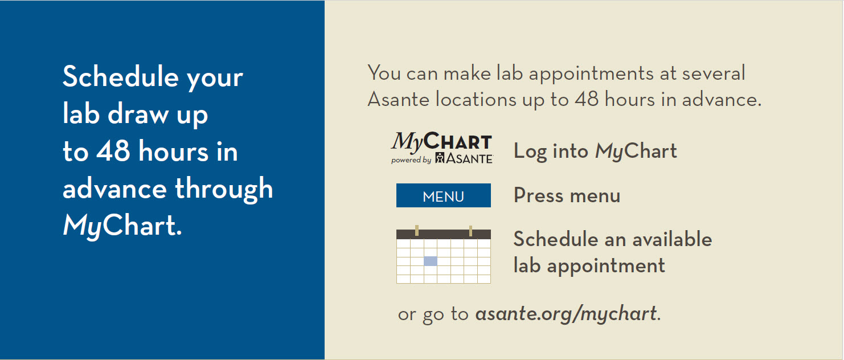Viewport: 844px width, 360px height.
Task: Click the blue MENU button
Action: (444, 195)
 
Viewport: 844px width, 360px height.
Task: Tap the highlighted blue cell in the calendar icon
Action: (431, 261)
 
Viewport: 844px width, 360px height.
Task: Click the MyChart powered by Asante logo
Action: (441, 148)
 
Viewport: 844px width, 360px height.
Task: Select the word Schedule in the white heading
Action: (121, 76)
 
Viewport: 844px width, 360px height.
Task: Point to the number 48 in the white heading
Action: (113, 151)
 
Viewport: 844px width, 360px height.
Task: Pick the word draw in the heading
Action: (138, 113)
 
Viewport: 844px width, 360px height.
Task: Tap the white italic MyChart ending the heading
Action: (122, 226)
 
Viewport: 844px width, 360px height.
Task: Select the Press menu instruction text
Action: (567, 195)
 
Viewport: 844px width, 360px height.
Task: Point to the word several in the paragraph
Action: (714, 73)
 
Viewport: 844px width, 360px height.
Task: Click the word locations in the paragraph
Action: (476, 99)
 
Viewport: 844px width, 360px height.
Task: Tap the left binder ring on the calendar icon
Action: (417, 230)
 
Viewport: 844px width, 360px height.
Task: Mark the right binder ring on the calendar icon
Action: (470, 231)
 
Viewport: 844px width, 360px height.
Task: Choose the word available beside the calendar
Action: (672, 239)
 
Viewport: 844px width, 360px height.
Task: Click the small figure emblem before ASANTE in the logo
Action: (440, 158)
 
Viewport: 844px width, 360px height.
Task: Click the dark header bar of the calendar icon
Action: (444, 235)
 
